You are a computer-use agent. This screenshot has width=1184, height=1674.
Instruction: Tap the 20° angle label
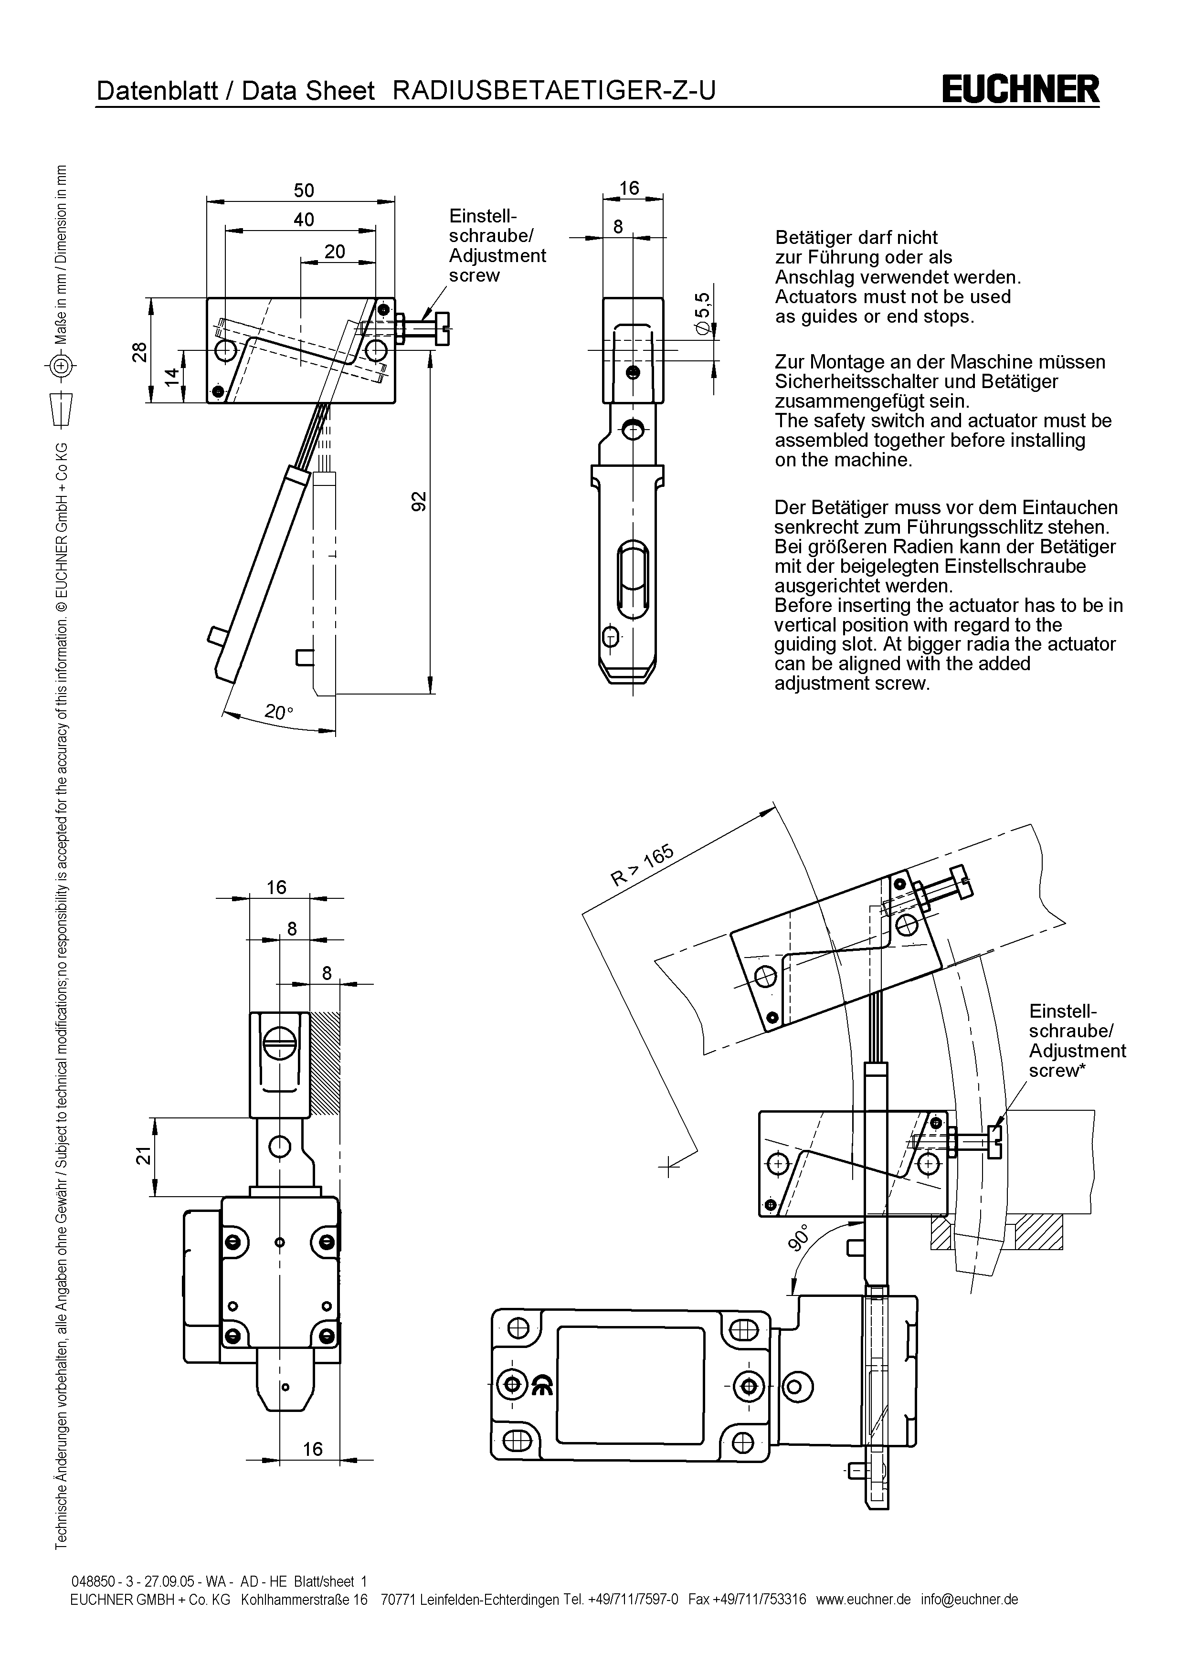(x=278, y=712)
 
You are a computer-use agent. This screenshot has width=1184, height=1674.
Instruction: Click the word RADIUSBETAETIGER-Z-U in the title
(x=554, y=90)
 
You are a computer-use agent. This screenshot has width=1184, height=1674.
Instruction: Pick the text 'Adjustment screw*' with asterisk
(x=1077, y=1061)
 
